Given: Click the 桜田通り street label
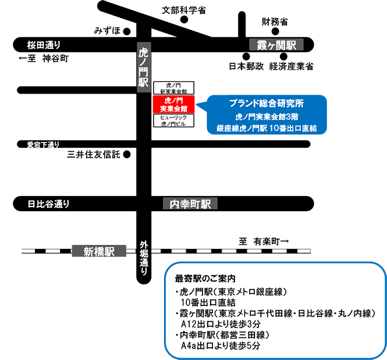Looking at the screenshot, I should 44,45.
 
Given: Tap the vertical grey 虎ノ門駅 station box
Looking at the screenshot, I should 143,67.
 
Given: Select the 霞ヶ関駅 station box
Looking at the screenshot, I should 276,45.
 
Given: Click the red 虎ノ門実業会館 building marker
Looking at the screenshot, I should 173,105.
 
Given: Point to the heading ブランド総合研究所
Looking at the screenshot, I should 266,104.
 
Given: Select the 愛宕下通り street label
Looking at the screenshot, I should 43,144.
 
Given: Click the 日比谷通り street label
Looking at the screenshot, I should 48,204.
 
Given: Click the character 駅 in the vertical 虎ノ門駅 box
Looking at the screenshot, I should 143,82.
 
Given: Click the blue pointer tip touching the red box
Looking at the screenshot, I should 195,105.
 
